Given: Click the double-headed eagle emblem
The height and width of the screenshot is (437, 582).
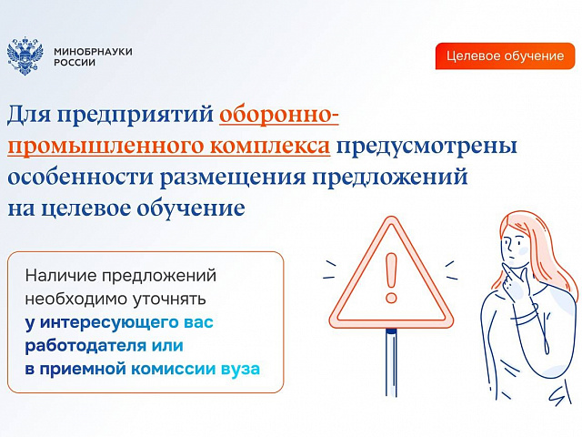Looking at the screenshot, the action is click(x=25, y=56).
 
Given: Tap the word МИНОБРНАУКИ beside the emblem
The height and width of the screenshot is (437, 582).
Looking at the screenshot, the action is click(x=93, y=52).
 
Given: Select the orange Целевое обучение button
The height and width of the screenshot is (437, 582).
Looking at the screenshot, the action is click(x=505, y=56).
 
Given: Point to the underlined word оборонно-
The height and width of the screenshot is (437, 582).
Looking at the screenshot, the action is click(x=279, y=114).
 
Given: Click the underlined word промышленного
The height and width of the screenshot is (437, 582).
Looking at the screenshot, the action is click(x=106, y=146).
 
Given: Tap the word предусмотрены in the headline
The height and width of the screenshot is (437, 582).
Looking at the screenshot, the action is click(x=426, y=146).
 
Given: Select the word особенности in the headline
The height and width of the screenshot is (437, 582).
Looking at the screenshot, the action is click(x=81, y=177).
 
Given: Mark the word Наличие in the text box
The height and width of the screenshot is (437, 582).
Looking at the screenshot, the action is click(x=59, y=276).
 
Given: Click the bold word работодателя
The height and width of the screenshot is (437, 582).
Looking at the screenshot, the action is click(x=81, y=346).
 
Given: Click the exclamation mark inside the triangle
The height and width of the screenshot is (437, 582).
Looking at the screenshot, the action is click(x=391, y=277).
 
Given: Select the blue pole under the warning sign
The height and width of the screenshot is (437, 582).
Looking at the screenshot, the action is click(x=391, y=362).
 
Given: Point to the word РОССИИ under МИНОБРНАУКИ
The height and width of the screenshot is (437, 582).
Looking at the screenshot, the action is click(x=75, y=63).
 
